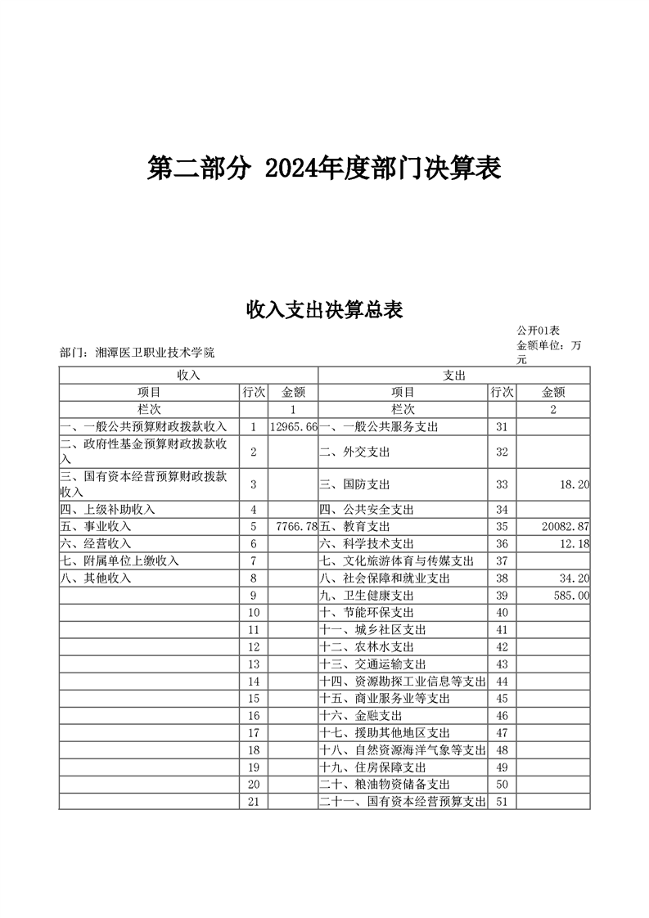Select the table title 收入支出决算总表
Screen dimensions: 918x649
[x=324, y=309]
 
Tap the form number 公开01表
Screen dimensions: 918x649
[x=538, y=331]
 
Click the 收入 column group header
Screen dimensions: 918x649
[x=188, y=375]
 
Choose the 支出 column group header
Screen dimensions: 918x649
[x=453, y=375]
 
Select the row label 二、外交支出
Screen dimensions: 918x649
[x=354, y=452]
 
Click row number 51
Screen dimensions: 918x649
[x=503, y=802]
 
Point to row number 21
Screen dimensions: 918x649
[x=254, y=802]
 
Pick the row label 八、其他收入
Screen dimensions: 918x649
[x=96, y=578]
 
